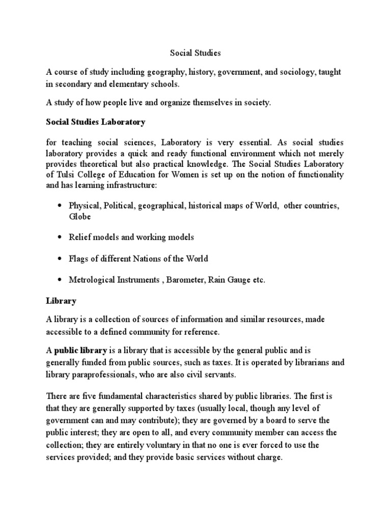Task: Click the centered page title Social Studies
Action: pyautogui.click(x=195, y=52)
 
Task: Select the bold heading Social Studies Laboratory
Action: pyautogui.click(x=96, y=122)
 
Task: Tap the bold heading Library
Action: pyautogui.click(x=61, y=301)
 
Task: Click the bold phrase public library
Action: pyautogui.click(x=80, y=350)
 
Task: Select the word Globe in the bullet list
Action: pyautogui.click(x=79, y=216)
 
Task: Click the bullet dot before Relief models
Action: pyautogui.click(x=60, y=238)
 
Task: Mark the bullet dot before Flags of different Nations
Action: pyautogui.click(x=60, y=259)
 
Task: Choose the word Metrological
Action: pyautogui.click(x=94, y=280)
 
